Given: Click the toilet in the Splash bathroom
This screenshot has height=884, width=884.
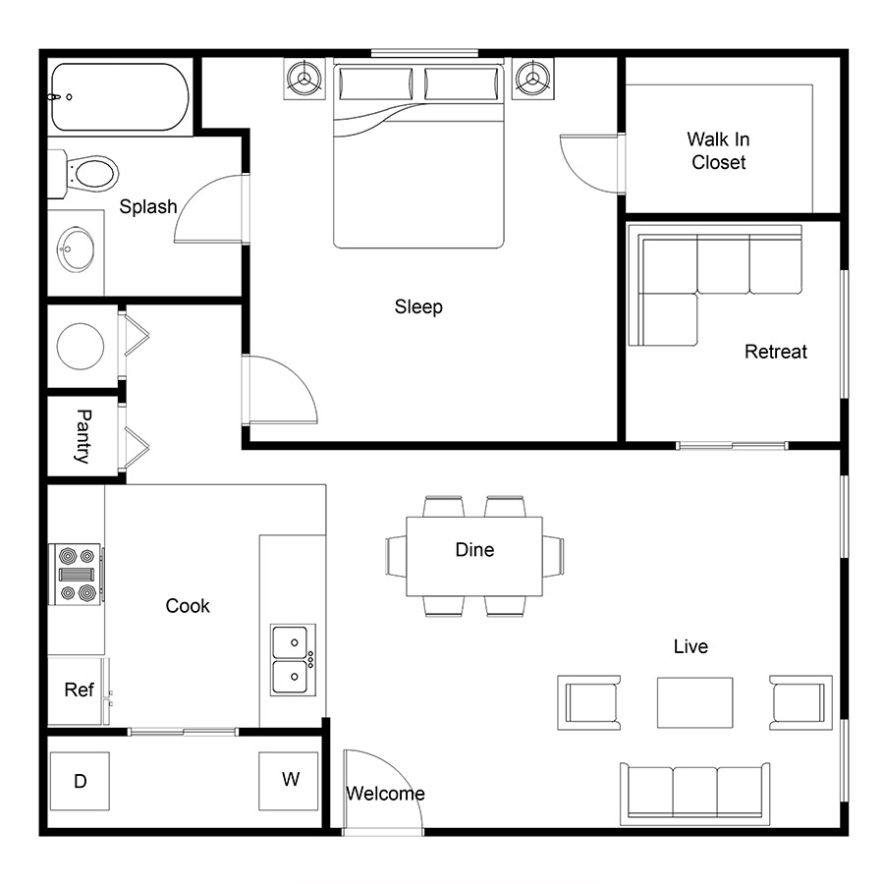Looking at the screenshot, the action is tap(84, 174).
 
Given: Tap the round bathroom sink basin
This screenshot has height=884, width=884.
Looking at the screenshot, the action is tap(76, 249).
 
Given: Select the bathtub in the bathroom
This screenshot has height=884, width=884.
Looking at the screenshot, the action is tap(120, 97).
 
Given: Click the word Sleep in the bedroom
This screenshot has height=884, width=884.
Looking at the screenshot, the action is tap(418, 306).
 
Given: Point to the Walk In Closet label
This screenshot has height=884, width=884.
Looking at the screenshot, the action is tap(718, 150).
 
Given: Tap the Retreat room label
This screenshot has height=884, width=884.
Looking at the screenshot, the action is tap(776, 352).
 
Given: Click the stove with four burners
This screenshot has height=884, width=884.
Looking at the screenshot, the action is tap(77, 574).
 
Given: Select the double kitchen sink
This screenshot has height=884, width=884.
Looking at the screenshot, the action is tap(293, 660).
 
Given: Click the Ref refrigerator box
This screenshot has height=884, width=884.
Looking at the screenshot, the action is tap(79, 691).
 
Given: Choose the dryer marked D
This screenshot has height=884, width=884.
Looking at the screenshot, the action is tap(81, 781).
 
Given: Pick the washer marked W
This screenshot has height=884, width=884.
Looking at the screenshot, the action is tap(289, 781).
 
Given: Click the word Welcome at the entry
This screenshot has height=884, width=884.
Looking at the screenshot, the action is tap(386, 794).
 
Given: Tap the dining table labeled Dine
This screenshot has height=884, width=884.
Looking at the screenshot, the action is tap(474, 556).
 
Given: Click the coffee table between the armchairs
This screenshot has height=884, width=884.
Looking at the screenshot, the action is tap(695, 702).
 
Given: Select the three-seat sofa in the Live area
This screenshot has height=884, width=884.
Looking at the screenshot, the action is tap(695, 794).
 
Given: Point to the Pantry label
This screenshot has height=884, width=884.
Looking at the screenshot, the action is tap(83, 437).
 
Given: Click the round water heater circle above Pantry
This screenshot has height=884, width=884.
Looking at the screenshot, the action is tap(81, 346).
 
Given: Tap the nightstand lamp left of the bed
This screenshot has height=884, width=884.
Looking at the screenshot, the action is tap(304, 79).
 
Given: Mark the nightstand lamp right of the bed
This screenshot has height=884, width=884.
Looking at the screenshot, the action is tap(532, 79).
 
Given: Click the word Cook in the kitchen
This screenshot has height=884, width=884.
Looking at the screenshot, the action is tap(188, 606).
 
